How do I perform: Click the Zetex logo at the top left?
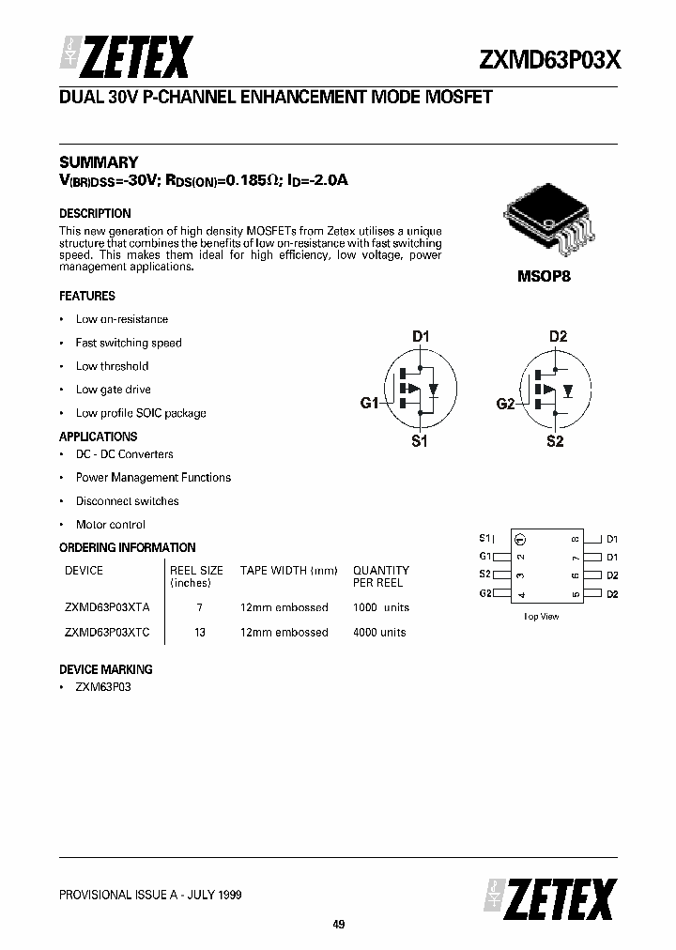tap(126, 58)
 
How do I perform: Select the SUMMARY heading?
tap(99, 161)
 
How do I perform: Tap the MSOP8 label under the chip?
tap(544, 278)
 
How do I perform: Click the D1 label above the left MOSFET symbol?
tap(421, 336)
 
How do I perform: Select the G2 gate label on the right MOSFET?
tap(505, 404)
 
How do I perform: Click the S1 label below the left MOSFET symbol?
tap(420, 441)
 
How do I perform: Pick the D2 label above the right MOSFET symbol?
tap(558, 336)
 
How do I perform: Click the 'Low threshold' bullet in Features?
tap(112, 366)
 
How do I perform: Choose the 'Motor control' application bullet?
tap(110, 525)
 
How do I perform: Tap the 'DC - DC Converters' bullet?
tap(124, 454)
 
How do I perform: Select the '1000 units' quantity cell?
tap(380, 607)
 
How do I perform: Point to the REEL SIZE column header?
tap(196, 570)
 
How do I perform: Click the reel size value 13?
tap(199, 632)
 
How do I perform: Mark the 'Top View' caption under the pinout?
tap(541, 616)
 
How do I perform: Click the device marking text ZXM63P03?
tap(103, 687)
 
